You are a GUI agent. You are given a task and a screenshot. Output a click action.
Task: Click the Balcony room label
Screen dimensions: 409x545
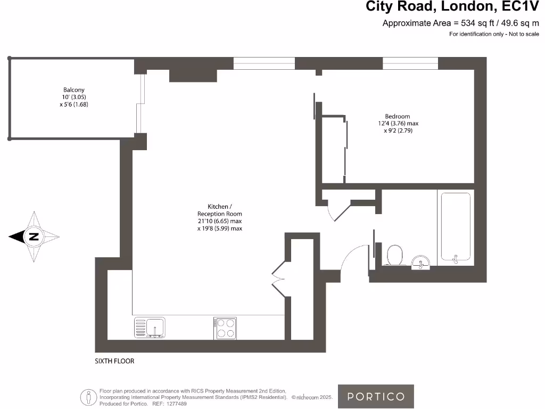pos(74,90)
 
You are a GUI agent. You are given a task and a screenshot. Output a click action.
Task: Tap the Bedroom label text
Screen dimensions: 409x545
pos(398,117)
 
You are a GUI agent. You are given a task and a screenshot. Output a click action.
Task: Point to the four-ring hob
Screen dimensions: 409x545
pos(225,328)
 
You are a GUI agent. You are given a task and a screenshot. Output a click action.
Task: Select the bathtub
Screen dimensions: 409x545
pos(455,228)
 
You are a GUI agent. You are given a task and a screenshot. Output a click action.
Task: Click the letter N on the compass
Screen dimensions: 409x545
pos(33,237)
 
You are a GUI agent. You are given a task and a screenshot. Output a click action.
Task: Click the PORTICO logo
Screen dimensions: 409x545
pos(376,396)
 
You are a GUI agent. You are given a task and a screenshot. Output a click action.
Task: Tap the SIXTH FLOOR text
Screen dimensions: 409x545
pos(114,361)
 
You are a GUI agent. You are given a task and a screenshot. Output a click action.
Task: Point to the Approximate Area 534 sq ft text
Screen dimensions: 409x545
pos(460,23)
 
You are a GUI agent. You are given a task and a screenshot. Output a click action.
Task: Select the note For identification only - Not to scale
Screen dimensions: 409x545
pos(494,34)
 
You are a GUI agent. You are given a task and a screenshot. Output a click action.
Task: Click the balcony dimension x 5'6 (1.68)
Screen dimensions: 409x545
pos(74,104)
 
